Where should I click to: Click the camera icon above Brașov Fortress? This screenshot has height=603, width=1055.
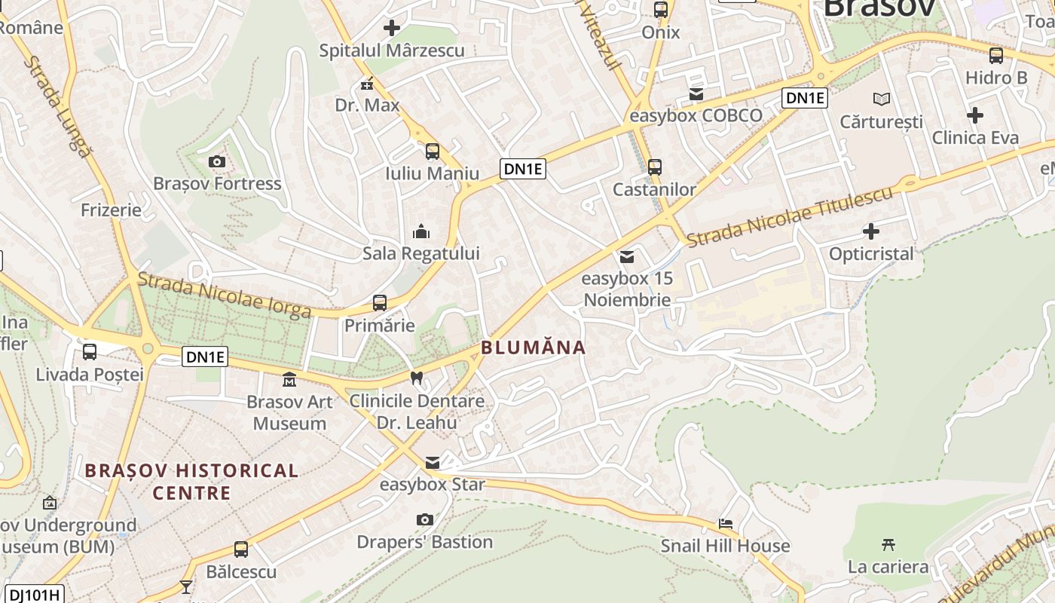(x=216, y=161)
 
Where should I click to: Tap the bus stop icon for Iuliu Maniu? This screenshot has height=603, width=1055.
(x=433, y=152)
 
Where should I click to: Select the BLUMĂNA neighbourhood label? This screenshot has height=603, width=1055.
(x=534, y=347)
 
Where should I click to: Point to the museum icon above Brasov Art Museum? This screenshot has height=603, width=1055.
(x=289, y=379)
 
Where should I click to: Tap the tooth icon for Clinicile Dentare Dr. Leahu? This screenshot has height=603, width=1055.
(x=416, y=378)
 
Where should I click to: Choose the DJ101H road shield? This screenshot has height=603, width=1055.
(x=34, y=595)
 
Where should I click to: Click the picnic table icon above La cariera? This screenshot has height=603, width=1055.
(x=888, y=544)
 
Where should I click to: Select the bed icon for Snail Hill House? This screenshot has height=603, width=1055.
(x=726, y=523)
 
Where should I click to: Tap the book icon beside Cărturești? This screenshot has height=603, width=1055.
(x=881, y=99)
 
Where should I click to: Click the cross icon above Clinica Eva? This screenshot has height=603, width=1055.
(x=975, y=115)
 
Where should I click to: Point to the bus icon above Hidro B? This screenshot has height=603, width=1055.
(x=996, y=55)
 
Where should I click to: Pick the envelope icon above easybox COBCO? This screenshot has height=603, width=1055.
(x=696, y=94)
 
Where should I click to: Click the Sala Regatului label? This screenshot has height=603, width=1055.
(x=420, y=253)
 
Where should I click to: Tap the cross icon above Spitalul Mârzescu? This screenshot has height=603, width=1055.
(x=392, y=29)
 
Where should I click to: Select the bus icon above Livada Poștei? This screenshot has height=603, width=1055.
(x=90, y=351)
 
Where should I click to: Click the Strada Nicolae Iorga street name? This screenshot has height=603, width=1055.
(x=224, y=294)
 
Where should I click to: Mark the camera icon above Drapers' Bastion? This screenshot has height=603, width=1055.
(x=425, y=519)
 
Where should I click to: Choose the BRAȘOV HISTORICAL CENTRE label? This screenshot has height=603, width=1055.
(x=191, y=482)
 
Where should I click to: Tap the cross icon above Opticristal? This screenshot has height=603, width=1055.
(x=871, y=231)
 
